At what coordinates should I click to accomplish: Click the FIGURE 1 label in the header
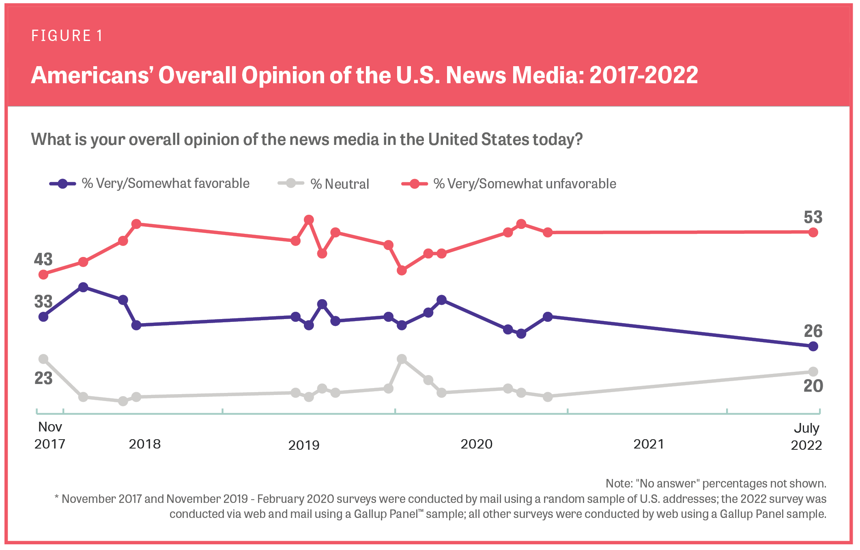pyautogui.click(x=67, y=36)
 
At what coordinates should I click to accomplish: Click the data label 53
pyautogui.click(x=813, y=217)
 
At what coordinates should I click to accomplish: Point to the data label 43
pyautogui.click(x=43, y=259)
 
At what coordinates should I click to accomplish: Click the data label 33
pyautogui.click(x=43, y=302)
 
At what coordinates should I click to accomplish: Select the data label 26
pyautogui.click(x=813, y=331)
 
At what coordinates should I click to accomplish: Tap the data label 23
pyautogui.click(x=43, y=378)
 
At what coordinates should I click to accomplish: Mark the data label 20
pyautogui.click(x=813, y=386)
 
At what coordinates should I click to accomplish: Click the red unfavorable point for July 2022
pyautogui.click(x=813, y=233)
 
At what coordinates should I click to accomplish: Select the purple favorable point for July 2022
pyautogui.click(x=813, y=346)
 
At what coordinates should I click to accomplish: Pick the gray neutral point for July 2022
pyautogui.click(x=813, y=371)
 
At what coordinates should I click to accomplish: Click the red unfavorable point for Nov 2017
pyautogui.click(x=43, y=275)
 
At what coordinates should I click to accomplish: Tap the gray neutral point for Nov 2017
pyautogui.click(x=43, y=359)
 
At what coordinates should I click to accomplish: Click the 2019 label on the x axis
pyautogui.click(x=304, y=445)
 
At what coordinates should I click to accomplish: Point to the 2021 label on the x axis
pyautogui.click(x=649, y=444)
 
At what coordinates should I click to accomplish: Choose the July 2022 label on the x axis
pyautogui.click(x=806, y=437)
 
